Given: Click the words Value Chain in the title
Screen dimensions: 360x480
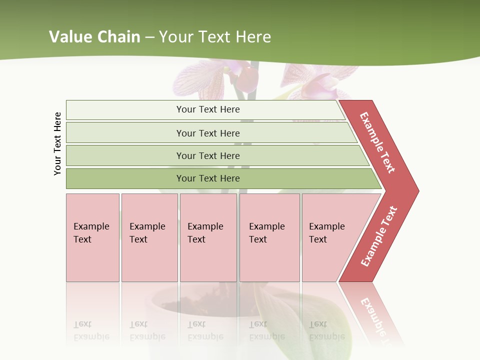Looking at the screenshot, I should (x=94, y=37).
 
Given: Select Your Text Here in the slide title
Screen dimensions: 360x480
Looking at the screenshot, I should (x=215, y=37).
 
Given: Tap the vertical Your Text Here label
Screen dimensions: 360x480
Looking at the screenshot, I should (x=57, y=143).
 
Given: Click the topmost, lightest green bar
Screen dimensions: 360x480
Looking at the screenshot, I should (x=125, y=110).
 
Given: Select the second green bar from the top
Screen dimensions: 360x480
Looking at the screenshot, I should (x=125, y=133).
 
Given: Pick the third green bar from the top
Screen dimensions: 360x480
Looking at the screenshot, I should (x=125, y=155).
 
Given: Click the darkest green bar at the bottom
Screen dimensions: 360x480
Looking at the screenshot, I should (x=125, y=178).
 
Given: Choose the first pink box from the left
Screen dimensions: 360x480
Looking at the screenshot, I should (x=92, y=260).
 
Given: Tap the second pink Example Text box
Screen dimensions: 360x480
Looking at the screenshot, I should (x=149, y=260).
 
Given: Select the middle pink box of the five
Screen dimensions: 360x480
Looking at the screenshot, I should (x=208, y=260).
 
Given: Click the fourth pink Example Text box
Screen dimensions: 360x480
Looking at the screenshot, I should (x=269, y=260).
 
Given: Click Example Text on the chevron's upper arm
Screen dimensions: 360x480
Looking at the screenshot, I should (x=377, y=142).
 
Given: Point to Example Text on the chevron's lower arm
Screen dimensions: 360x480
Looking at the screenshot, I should (x=378, y=236).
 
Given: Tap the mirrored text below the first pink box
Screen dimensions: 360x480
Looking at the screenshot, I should (x=91, y=330).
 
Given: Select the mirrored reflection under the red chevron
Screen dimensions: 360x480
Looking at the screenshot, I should (x=372, y=315).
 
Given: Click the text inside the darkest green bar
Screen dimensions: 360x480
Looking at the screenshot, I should (x=208, y=178).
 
